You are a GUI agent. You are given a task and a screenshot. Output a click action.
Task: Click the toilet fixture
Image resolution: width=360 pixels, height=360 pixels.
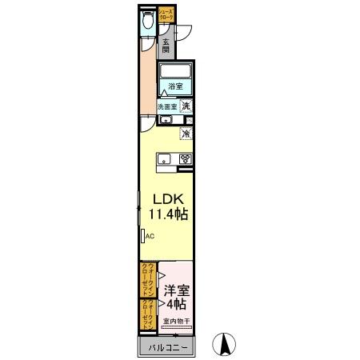coord(146,23)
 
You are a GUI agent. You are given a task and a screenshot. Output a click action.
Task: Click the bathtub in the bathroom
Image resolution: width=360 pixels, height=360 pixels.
coord(176,71)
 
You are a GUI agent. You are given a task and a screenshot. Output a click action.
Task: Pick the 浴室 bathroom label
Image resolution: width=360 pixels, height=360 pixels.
coord(175,87)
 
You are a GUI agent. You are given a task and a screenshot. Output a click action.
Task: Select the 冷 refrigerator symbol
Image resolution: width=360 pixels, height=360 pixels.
coord(186,134)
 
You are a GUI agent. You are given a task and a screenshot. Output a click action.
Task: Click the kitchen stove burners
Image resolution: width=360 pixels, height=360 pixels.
coord(186,158)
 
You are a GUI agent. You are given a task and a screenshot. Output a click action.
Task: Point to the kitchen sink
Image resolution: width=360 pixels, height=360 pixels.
coord(163,158)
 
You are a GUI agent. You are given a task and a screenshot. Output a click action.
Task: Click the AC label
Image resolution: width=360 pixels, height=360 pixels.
coord(149,236)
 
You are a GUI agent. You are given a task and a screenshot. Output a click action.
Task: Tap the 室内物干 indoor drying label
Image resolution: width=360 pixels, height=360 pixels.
coord(177,322)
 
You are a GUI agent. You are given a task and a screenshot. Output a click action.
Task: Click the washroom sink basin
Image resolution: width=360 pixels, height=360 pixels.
coord(165,120)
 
